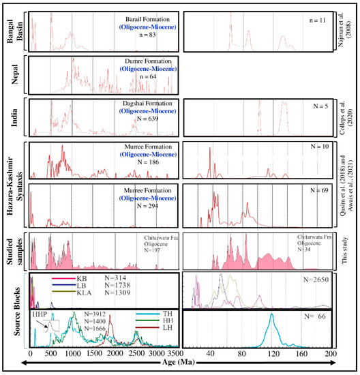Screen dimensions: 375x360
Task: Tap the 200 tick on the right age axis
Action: click(331, 355)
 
